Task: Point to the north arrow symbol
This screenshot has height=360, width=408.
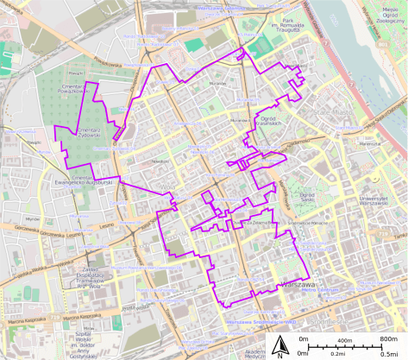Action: (280, 348)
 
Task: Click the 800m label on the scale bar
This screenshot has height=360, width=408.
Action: (388, 341)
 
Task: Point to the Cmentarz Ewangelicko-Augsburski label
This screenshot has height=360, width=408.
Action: (86, 181)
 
